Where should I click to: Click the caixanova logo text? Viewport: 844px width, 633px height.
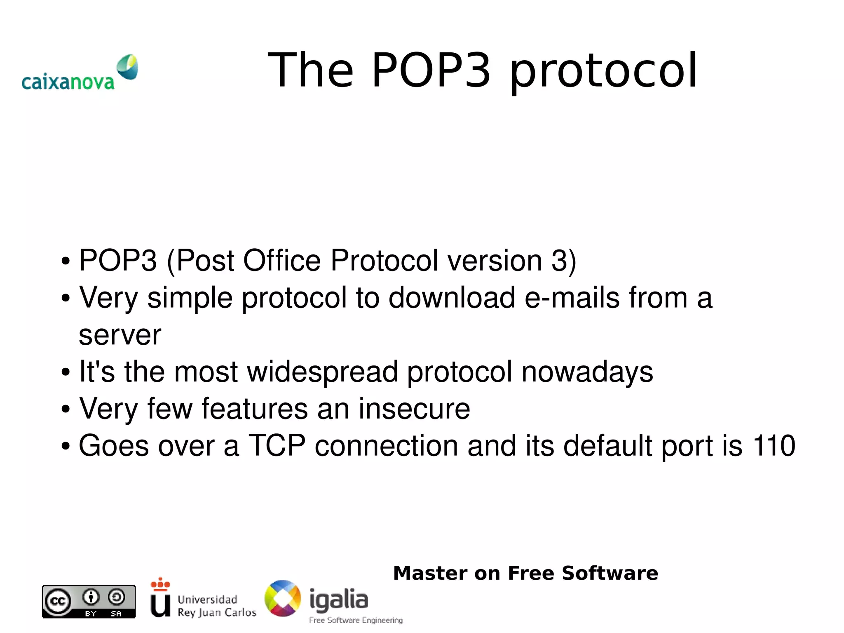(x=68, y=82)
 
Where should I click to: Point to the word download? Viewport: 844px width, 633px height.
(x=452, y=297)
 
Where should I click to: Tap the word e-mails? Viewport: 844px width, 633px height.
(x=572, y=297)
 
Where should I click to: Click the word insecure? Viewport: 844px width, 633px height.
(x=414, y=409)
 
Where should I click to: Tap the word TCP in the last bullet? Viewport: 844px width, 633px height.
(x=277, y=446)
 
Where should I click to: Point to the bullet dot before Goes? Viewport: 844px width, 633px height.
(x=66, y=447)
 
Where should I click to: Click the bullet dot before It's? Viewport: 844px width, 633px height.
(x=66, y=372)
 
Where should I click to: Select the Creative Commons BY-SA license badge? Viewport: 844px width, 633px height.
(x=89, y=601)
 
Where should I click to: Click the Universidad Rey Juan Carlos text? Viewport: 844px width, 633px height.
(x=217, y=606)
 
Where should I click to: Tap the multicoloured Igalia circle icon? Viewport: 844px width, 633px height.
(x=283, y=598)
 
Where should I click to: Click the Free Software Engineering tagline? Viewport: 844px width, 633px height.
(x=356, y=620)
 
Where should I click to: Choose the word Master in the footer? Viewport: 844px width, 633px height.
(x=430, y=573)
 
